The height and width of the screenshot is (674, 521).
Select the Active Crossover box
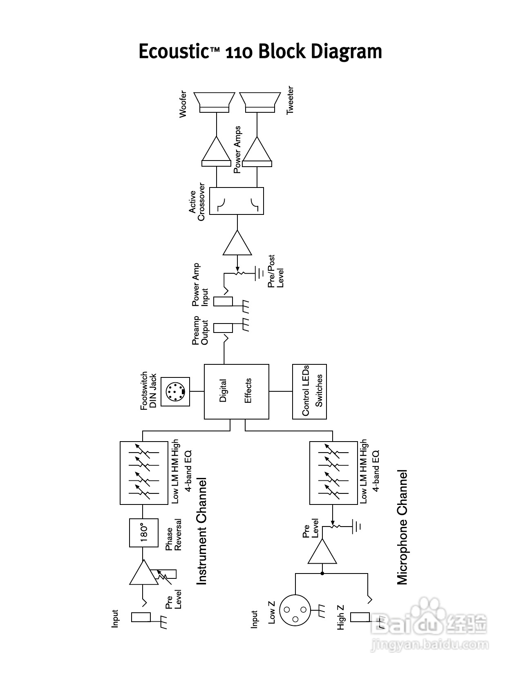click(237, 201)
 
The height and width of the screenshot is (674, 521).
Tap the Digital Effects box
click(237, 391)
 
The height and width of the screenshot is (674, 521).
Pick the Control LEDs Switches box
click(310, 391)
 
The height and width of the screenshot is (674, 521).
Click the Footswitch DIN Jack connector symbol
click(175, 392)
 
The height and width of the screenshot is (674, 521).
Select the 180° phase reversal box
click(143, 533)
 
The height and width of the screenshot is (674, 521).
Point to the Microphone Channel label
click(402, 527)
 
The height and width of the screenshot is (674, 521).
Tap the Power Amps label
click(237, 150)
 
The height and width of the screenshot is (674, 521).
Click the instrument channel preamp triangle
click(143, 574)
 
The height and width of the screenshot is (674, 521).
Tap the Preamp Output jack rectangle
click(223, 328)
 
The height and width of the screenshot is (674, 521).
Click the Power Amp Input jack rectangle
click(223, 301)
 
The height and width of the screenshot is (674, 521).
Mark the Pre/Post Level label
click(276, 272)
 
